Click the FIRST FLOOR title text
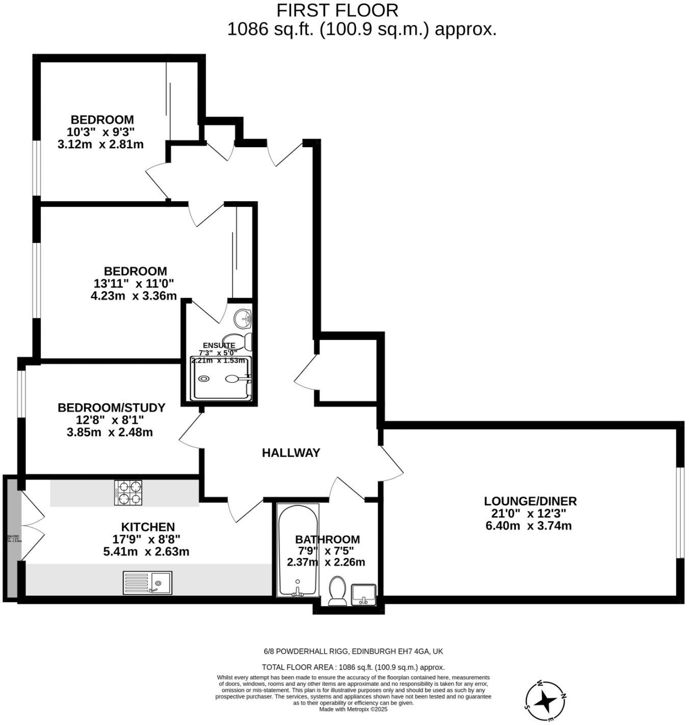[x=337, y=10]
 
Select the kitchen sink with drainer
[x=148, y=582]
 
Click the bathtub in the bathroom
[x=298, y=550]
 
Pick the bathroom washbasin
[x=363, y=594]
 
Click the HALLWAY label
[x=290, y=453]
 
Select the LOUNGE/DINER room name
[x=530, y=501]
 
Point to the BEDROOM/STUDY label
[x=111, y=408]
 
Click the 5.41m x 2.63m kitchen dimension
[x=146, y=551]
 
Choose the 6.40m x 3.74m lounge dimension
[x=528, y=526]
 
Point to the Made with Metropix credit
[x=353, y=709]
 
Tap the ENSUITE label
[x=219, y=345]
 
